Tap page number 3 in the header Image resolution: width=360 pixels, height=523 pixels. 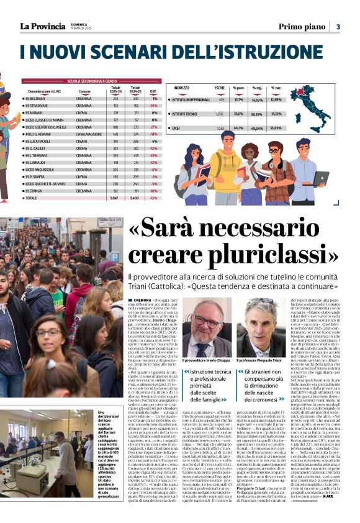coord(338,26)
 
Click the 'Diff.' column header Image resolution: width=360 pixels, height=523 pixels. coord(153,91)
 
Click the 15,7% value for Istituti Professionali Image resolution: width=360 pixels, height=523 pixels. coord(238,99)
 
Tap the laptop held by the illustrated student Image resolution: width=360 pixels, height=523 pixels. coord(320,178)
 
